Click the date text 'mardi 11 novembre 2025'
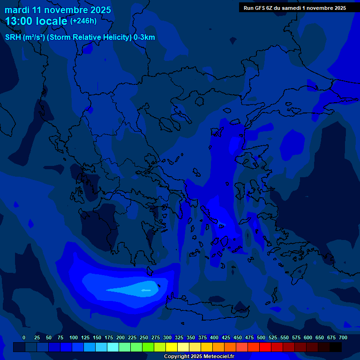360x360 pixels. (x=58, y=10)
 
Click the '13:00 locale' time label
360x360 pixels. (x=36, y=21)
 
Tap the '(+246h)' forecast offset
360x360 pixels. (x=83, y=21)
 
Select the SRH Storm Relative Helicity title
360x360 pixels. (x=80, y=37)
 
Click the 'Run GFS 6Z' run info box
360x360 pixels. (x=294, y=7)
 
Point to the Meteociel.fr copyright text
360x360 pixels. (x=199, y=357)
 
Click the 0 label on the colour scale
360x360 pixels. (x=24, y=337)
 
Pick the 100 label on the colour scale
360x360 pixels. (x=74, y=337)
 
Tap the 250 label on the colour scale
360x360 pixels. (x=144, y=337)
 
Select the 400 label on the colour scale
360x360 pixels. (x=214, y=337)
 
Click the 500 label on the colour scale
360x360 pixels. (x=261, y=337)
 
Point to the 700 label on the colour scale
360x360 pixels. (x=343, y=337)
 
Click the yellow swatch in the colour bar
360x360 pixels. (x=172, y=347)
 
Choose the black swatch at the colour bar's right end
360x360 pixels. (x=336, y=347)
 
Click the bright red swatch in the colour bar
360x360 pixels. (x=265, y=347)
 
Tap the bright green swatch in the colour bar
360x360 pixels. (x=148, y=347)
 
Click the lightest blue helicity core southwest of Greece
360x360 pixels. (x=141, y=290)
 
